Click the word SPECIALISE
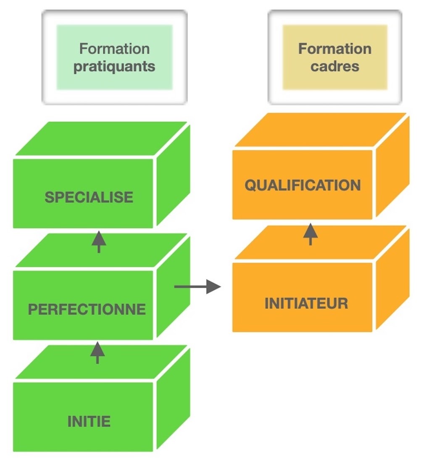pos(89,197)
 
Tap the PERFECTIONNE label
pos(87,309)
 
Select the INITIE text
pos(89,421)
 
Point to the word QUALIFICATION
pos(303,185)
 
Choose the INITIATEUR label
pos(306,303)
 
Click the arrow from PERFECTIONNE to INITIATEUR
pos(197,287)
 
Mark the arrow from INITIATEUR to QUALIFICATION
pos(310,234)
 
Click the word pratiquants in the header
pos(114,66)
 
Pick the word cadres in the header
pos(335,66)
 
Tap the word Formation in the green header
pos(114,49)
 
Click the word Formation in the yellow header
pos(335,49)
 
